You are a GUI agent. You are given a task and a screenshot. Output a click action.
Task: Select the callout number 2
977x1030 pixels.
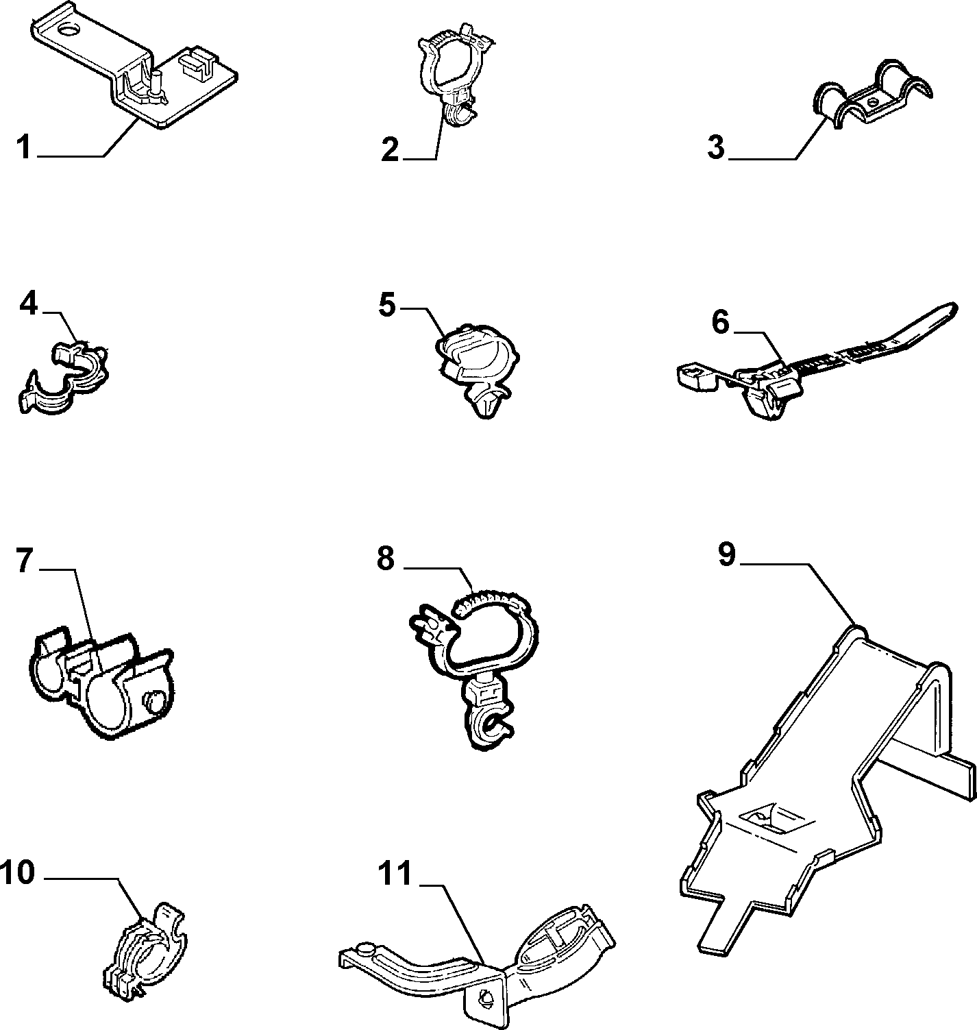391,149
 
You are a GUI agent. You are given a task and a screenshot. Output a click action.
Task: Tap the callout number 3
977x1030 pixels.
715,147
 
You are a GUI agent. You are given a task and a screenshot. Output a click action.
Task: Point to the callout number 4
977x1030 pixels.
29,304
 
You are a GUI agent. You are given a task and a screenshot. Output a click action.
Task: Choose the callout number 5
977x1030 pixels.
387,305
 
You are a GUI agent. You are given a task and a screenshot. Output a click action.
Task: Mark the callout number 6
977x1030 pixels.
720,322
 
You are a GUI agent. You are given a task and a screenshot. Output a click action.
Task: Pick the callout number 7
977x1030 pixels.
25,560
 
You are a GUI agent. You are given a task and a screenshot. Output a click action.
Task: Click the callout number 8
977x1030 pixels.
386,559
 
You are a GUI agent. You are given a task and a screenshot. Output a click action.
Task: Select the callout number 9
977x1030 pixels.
727,554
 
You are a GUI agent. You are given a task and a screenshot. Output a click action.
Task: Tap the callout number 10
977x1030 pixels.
18,872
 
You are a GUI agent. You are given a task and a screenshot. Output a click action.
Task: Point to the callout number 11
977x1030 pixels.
395,874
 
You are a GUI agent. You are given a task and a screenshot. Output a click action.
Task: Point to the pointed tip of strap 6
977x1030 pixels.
954,306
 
